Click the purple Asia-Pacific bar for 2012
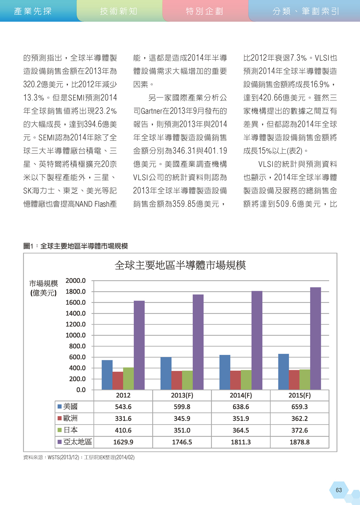pyautogui.click(x=139, y=345)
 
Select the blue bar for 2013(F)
pyautogui.click(x=166, y=373)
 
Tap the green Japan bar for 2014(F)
pyautogui.click(x=246, y=380)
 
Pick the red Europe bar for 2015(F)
pyautogui.click(x=294, y=380)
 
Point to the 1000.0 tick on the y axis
pyautogui.click(x=76, y=335)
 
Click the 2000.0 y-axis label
pyautogui.click(x=76, y=281)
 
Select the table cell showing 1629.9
pyautogui.click(x=123, y=442)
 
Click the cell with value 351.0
pyautogui.click(x=182, y=430)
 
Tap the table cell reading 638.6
pyautogui.click(x=241, y=407)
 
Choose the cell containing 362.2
pyautogui.click(x=300, y=419)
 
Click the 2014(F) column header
pyautogui.click(x=241, y=395)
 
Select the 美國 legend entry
pyautogui.click(x=67, y=407)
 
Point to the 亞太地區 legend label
pyautogui.click(x=77, y=442)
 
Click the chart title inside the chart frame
pyautogui.click(x=180, y=265)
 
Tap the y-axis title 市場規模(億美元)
pyautogui.click(x=44, y=288)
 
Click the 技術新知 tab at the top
pyautogui.click(x=119, y=11)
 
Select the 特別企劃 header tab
pyautogui.click(x=205, y=11)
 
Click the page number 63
pyautogui.click(x=339, y=490)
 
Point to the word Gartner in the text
pyautogui.click(x=152, y=111)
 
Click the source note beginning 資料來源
pyautogui.click(x=79, y=457)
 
